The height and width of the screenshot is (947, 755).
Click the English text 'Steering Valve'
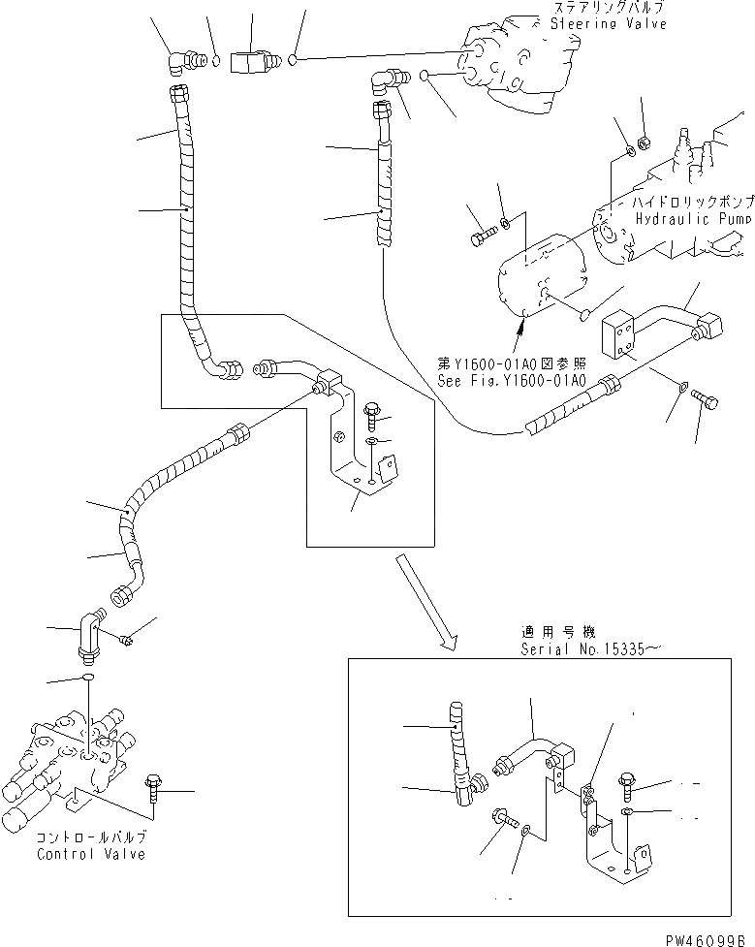pos(608,23)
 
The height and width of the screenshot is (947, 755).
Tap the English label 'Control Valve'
pos(91,854)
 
